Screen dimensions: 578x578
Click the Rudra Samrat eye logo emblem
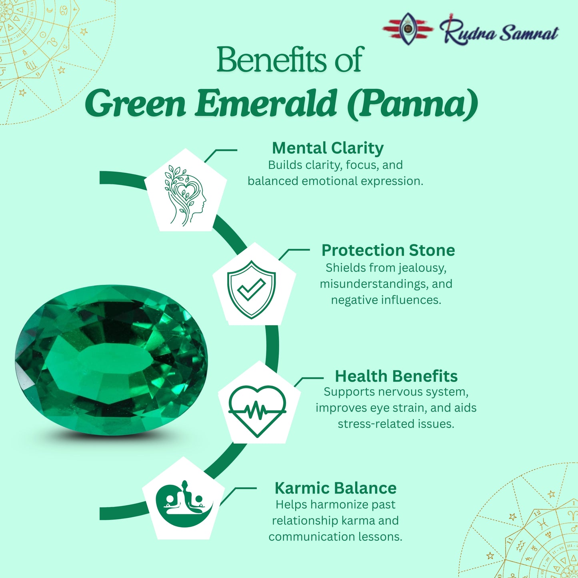[x=408, y=28]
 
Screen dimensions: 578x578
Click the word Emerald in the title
[x=266, y=103]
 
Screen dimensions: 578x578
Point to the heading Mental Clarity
[x=328, y=148]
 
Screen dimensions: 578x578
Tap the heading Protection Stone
[x=388, y=250]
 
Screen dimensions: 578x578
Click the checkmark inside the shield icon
[x=251, y=289]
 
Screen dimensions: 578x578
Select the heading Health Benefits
[x=396, y=376]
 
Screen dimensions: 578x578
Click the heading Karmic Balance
[x=335, y=488]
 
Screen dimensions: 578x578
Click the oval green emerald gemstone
[x=111, y=360]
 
